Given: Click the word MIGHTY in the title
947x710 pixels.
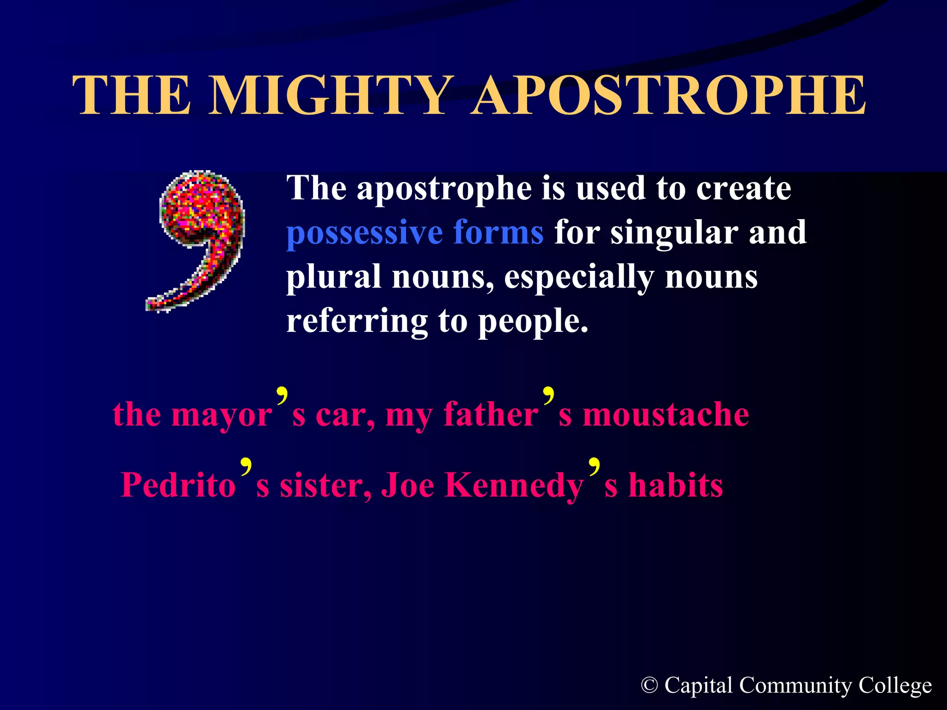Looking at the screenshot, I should point(331,96).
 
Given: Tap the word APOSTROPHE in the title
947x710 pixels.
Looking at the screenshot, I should point(669,96).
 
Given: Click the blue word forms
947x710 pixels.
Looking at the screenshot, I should point(498,232).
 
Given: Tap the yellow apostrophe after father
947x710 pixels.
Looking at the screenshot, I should point(548,397).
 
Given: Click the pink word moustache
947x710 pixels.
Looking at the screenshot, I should point(665,414).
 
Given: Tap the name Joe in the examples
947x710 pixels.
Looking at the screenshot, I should point(407,485).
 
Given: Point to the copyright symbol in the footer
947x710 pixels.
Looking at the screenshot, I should point(649,685).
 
